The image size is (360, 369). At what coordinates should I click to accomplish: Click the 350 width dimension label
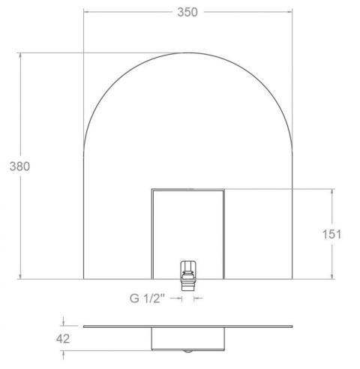(187, 12)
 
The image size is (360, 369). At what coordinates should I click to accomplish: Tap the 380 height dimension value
(19, 166)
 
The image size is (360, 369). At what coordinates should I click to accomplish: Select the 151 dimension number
(331, 234)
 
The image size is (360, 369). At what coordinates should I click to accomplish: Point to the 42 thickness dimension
(63, 339)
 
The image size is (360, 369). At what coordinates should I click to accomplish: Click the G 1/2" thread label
(148, 298)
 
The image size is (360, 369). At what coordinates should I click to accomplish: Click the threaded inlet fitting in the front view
(188, 276)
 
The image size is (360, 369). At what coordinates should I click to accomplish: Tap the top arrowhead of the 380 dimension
(20, 55)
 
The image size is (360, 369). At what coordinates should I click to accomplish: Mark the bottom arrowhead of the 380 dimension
(20, 276)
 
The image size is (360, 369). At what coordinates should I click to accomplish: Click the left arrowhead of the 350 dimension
(86, 11)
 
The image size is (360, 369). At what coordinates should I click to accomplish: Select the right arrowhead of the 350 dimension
(289, 11)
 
